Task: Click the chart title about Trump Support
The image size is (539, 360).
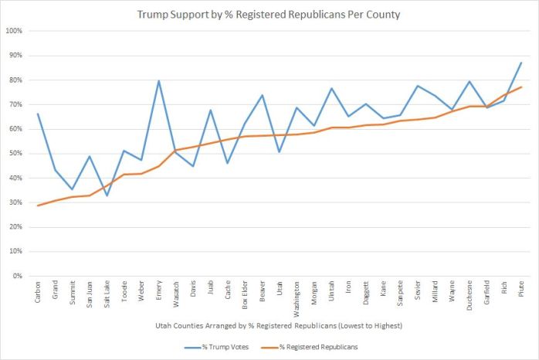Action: [x=269, y=15]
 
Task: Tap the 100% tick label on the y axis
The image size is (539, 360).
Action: [x=15, y=31]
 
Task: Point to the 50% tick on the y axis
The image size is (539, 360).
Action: [x=16, y=154]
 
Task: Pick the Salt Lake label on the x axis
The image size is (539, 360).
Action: [x=107, y=294]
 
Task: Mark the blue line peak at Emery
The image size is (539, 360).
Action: [x=158, y=81]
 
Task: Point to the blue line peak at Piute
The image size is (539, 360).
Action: [x=520, y=63]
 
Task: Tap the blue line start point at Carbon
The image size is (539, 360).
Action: [x=38, y=114]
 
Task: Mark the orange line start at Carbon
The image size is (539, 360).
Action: [x=38, y=205]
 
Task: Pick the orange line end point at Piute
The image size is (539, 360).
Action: [x=520, y=87]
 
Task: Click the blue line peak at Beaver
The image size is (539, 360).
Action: [x=262, y=95]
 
